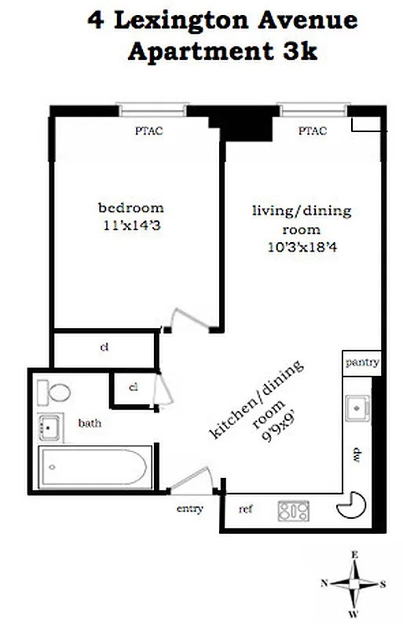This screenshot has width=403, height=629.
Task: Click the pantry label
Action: pyautogui.click(x=361, y=363)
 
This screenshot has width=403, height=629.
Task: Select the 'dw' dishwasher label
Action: pyautogui.click(x=355, y=455)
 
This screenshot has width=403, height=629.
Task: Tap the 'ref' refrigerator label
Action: pyautogui.click(x=246, y=509)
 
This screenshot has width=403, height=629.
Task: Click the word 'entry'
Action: pyautogui.click(x=189, y=509)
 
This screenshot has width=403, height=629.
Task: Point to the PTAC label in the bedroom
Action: pyautogui.click(x=149, y=131)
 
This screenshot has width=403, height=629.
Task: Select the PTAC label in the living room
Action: pyautogui.click(x=312, y=131)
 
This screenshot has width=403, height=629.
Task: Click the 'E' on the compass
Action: pyautogui.click(x=354, y=555)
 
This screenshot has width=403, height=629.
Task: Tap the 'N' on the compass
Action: pyautogui.click(x=324, y=583)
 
